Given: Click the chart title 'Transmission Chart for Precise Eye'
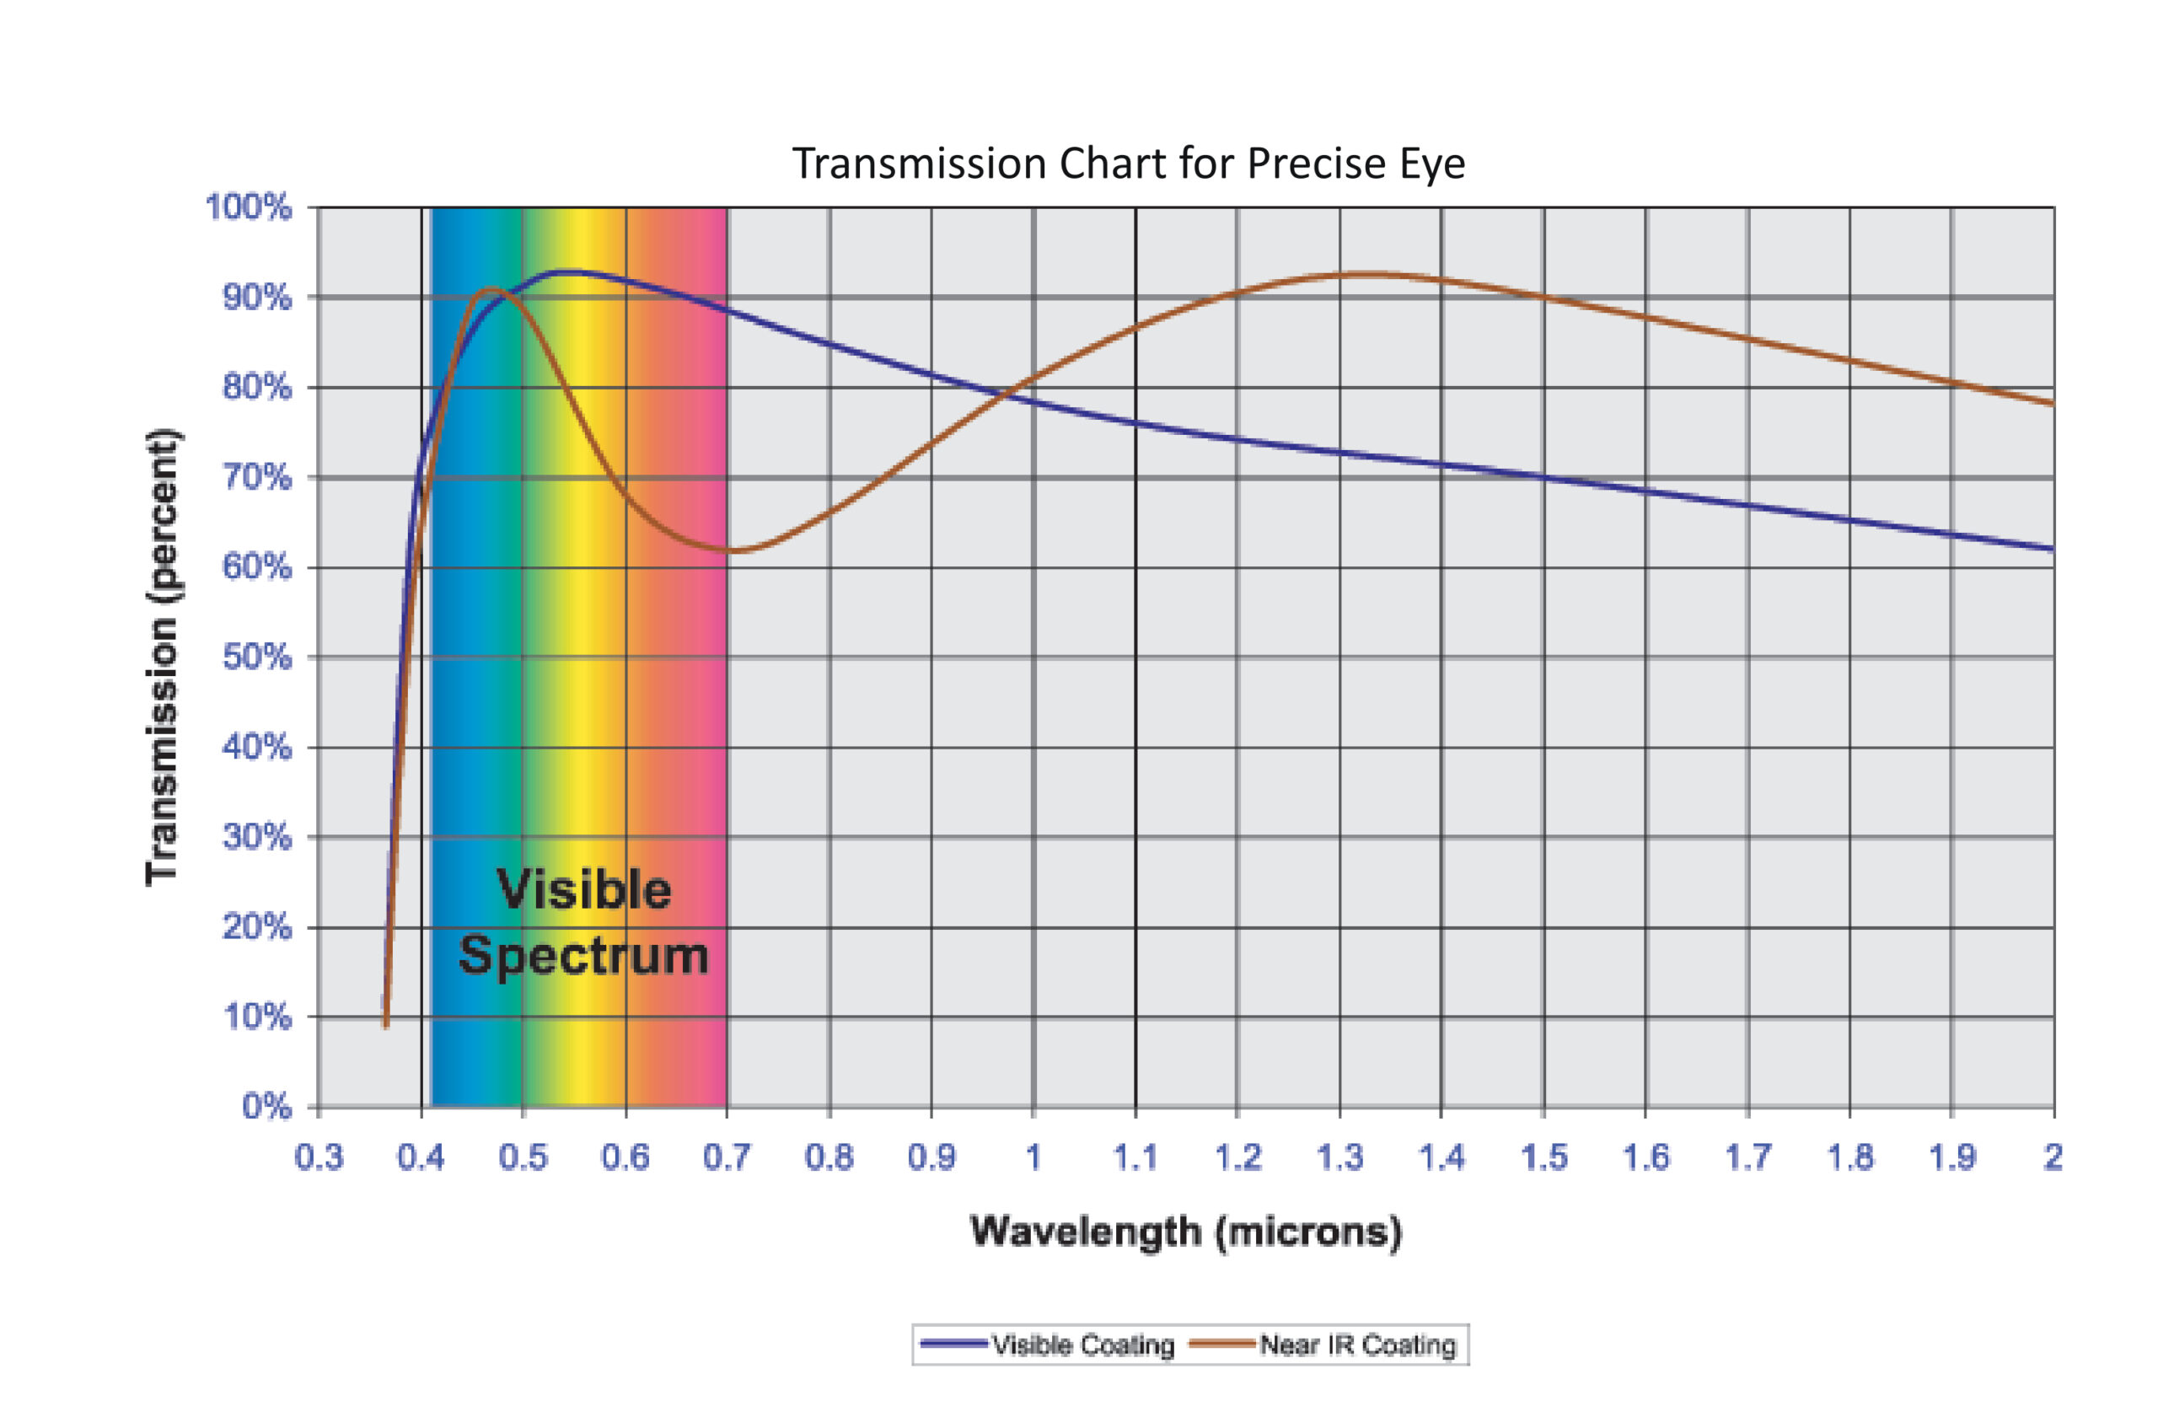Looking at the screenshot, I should point(1129,164).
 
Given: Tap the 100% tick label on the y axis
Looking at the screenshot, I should point(249,207).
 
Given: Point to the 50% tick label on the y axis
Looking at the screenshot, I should point(256,657).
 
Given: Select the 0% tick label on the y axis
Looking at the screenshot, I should point(266,1106).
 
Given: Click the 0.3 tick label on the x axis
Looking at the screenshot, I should point(319,1157).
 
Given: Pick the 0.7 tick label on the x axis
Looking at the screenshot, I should point(727,1157).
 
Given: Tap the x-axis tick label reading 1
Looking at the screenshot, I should point(1033,1157).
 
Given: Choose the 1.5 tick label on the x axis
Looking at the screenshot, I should point(1543,1157).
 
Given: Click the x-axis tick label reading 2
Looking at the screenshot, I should point(2053,1157).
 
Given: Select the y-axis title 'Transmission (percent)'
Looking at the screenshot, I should point(163,657).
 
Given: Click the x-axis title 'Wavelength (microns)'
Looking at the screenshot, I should point(1186,1232).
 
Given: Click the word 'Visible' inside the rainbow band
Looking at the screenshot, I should point(584,889).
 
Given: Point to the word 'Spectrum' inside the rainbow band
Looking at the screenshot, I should point(584,956).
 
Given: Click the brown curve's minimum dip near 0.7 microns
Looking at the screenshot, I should point(736,550).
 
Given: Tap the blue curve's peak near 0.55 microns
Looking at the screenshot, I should point(569,271).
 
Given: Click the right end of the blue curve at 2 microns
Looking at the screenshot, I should point(2052,549).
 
